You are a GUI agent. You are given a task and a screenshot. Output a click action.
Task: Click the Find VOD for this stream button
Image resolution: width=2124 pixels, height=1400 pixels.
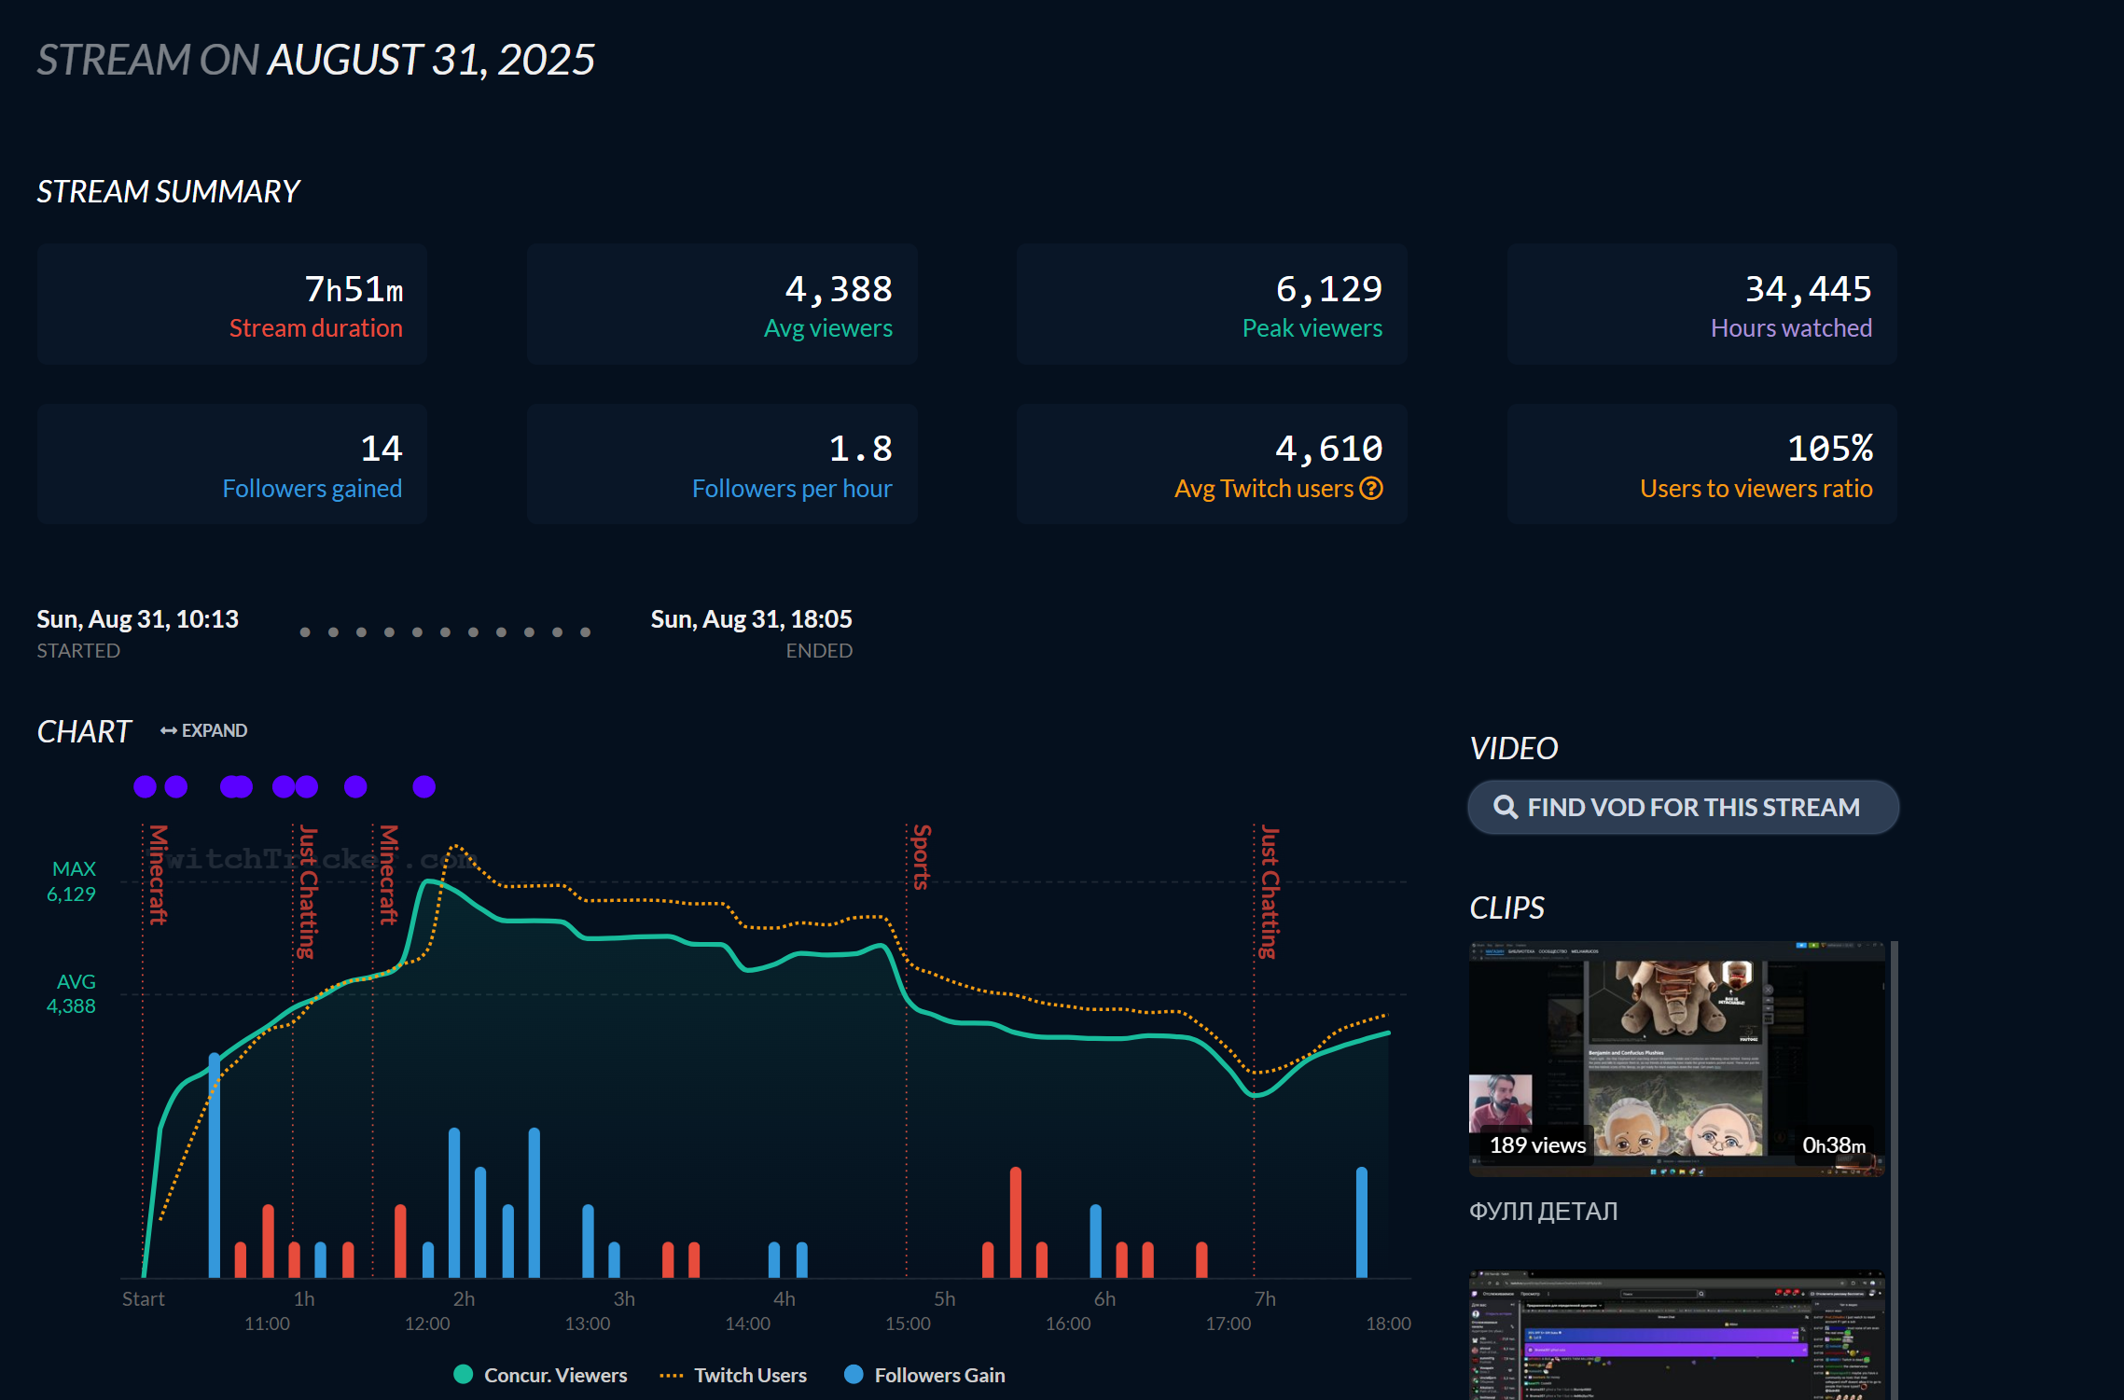(1683, 807)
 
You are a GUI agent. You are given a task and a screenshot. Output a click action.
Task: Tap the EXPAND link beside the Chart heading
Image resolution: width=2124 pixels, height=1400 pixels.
(204, 730)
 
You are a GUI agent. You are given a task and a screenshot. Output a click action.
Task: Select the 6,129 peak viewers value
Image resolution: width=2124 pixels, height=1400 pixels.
(1328, 289)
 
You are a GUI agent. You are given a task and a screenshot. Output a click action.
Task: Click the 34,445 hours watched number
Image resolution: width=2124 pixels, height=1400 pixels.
(1808, 289)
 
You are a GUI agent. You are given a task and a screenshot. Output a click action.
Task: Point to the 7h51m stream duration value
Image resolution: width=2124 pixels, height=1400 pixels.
(354, 289)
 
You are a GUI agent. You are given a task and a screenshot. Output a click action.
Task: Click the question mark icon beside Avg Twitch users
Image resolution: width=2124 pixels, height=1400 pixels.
(1371, 488)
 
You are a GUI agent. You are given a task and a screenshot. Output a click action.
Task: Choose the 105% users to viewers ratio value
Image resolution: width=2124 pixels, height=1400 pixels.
(1829, 449)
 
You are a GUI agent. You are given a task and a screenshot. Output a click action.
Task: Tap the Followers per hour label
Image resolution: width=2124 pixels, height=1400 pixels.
(791, 488)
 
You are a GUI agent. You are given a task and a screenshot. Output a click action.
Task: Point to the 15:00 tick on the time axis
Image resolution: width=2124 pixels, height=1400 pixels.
(908, 1324)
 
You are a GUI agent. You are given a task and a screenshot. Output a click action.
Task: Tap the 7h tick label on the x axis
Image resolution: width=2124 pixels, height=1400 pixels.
(1265, 1298)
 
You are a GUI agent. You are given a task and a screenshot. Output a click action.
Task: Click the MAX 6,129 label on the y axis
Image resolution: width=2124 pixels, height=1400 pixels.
(73, 881)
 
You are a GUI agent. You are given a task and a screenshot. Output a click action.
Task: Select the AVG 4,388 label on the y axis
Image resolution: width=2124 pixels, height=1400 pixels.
(73, 993)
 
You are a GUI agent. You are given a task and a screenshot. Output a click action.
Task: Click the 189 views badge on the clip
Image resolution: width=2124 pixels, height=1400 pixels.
(1537, 1144)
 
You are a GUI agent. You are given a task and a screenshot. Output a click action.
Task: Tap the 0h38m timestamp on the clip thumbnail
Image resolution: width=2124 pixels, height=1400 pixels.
(1834, 1144)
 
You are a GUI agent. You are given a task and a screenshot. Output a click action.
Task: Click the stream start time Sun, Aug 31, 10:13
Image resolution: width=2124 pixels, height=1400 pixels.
(137, 618)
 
